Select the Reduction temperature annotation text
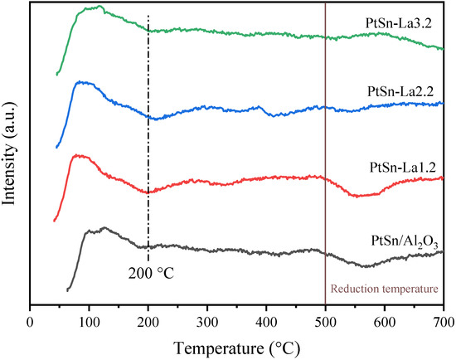pyautogui.click(x=382, y=289)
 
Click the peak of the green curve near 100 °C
pyautogui.click(x=99, y=7)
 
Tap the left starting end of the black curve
pyautogui.click(x=67, y=290)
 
